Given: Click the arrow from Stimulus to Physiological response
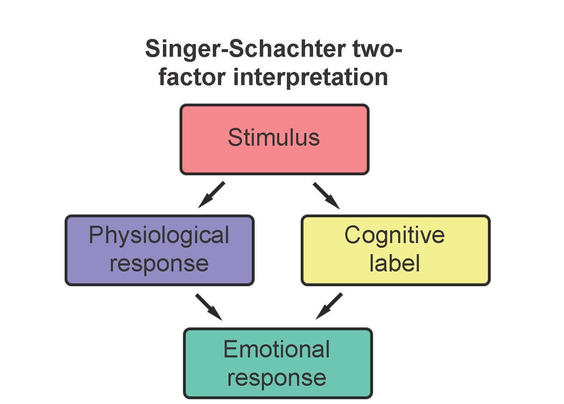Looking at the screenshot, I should [211, 195].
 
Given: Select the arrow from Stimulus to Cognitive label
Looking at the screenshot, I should [326, 196].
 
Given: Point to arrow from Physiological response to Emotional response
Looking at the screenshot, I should [209, 307].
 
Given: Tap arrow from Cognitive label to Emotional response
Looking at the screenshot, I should [329, 306].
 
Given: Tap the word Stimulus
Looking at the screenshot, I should [274, 138].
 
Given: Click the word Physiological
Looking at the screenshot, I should [159, 235].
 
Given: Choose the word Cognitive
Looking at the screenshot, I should [394, 235].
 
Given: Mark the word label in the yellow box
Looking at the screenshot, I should [394, 263].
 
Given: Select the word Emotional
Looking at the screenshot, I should [277, 349].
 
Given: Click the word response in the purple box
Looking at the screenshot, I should [159, 264].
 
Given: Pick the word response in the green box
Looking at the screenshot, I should [277, 378].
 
